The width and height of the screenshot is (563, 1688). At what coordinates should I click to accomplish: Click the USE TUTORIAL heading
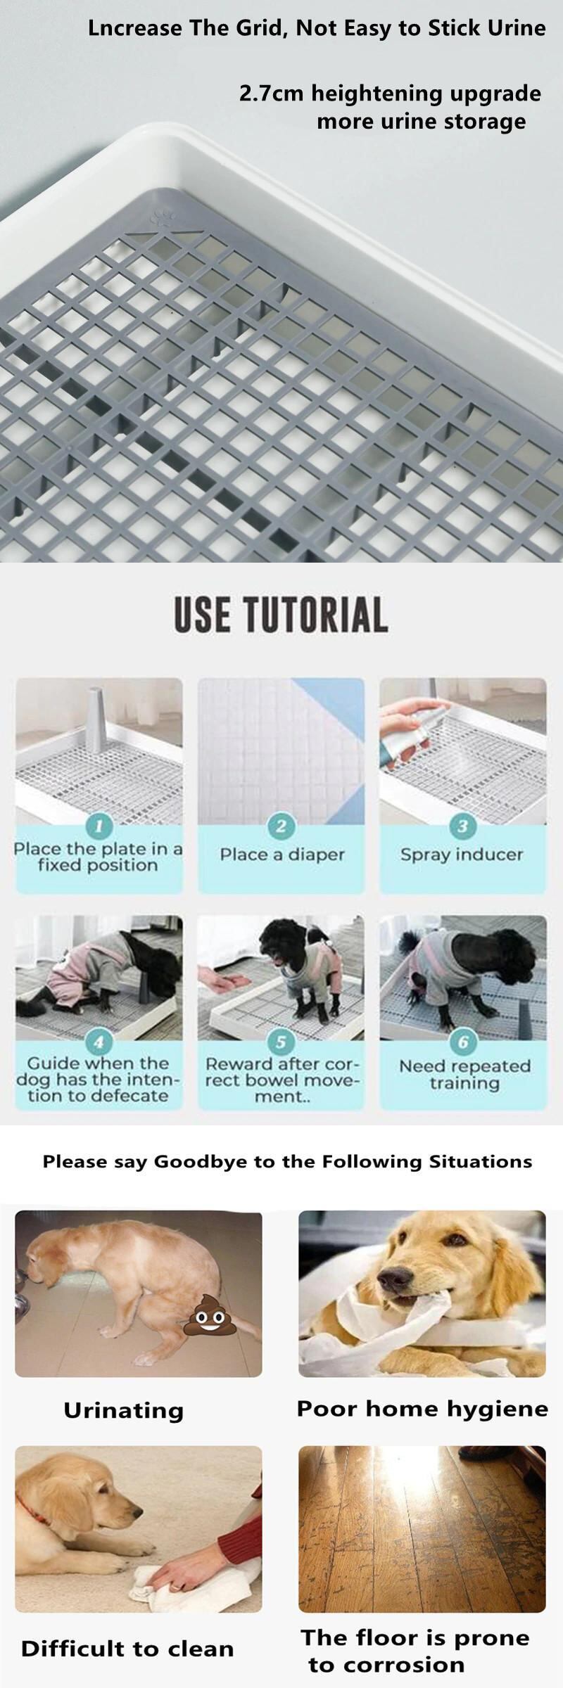coord(281,614)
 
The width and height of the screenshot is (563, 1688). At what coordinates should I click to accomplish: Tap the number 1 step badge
coord(99,825)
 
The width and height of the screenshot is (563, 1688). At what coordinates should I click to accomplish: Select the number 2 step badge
coord(281,826)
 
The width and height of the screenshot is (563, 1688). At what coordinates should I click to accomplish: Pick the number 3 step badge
coord(462,826)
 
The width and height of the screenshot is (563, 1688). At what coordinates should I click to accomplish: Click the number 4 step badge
coord(99,1042)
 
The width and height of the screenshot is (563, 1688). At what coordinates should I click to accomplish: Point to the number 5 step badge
coord(281,1042)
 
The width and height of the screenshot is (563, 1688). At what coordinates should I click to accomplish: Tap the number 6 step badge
coord(462,1042)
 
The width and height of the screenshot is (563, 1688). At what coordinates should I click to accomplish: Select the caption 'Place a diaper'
coord(281,855)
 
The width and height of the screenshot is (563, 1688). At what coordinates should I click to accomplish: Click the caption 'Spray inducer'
coord(462,855)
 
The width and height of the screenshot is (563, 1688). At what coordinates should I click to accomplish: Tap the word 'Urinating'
coord(123,1409)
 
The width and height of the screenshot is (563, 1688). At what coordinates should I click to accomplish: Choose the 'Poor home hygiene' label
coord(422,1408)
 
